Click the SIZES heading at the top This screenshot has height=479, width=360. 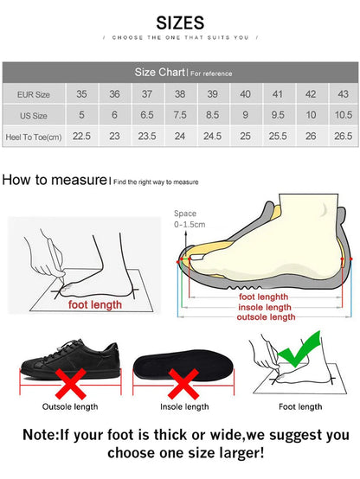point(180,22)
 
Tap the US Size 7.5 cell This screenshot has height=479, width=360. point(180,114)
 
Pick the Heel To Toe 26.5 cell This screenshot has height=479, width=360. point(343,136)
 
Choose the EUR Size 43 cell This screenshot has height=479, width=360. point(343,93)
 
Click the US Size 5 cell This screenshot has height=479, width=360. point(81,114)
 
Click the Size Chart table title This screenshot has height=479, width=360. point(160,73)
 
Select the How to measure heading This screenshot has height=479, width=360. point(54,181)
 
